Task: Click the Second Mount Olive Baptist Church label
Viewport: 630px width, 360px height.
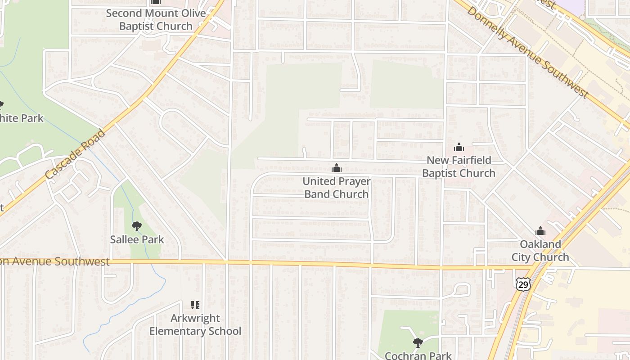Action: [156, 19]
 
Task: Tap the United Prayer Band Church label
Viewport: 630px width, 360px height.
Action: [337, 188]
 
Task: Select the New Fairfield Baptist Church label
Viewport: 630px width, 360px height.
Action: [459, 166]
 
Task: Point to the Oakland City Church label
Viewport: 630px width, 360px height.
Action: [540, 251]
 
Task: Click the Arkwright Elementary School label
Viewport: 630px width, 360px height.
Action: [195, 325]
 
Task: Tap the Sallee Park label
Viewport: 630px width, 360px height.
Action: [137, 239]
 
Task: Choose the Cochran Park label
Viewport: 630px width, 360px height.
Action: [418, 355]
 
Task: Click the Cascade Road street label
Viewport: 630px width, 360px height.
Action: [75, 153]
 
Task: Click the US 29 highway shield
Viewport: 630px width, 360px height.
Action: [523, 283]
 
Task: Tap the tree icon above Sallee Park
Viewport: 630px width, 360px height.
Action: [137, 226]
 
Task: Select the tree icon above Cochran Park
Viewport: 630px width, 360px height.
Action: [418, 343]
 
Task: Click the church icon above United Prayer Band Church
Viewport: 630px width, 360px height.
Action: [336, 168]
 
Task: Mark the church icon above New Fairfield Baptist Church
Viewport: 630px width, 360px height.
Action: [459, 147]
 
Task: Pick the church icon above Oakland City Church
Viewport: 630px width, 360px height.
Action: [540, 231]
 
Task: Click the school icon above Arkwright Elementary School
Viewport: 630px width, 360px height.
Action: [195, 305]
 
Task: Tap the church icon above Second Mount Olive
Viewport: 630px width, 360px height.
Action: [155, 2]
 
